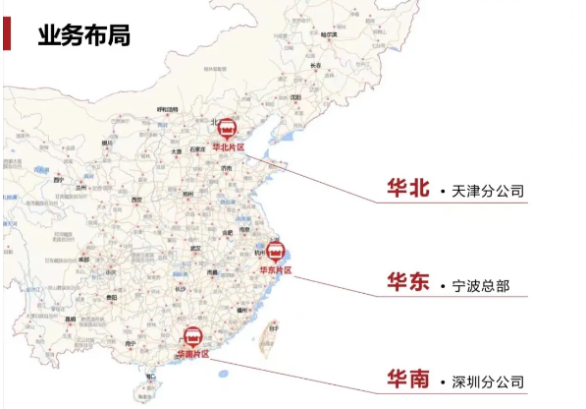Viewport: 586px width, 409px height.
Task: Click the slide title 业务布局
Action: tap(83, 35)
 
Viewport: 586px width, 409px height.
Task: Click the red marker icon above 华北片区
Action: tap(226, 129)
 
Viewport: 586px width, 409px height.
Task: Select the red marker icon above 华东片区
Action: tap(276, 251)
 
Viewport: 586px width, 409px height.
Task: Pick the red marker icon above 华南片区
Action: tap(193, 336)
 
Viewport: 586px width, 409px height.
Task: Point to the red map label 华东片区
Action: tap(276, 269)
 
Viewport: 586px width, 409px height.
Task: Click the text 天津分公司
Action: tap(489, 190)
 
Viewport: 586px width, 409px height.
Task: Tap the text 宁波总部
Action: tap(482, 285)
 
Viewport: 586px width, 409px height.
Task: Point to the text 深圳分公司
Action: tap(489, 380)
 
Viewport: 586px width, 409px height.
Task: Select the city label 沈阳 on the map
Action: tap(294, 98)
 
